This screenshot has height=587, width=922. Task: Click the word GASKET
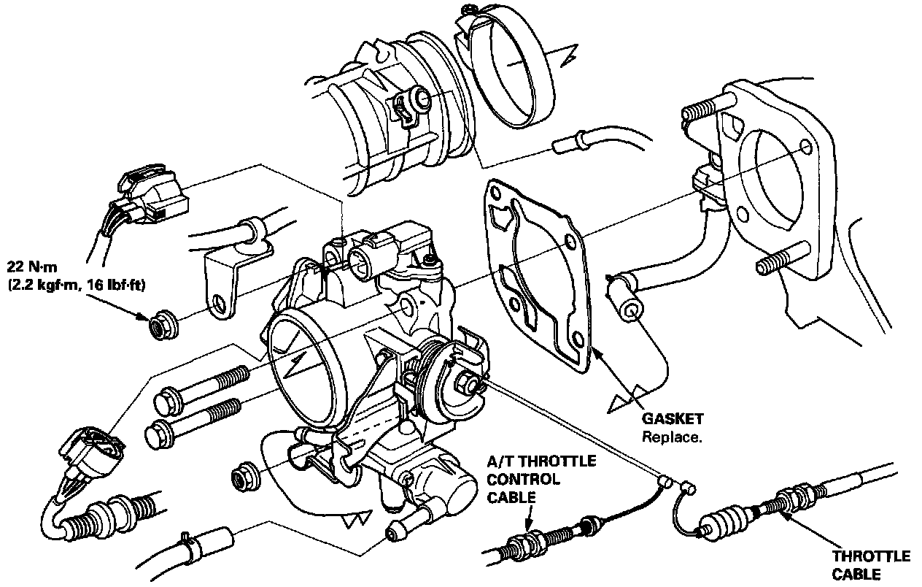(x=673, y=419)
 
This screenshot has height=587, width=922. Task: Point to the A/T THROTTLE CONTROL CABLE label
(x=541, y=479)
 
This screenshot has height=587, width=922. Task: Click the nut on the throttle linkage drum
(x=466, y=380)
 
